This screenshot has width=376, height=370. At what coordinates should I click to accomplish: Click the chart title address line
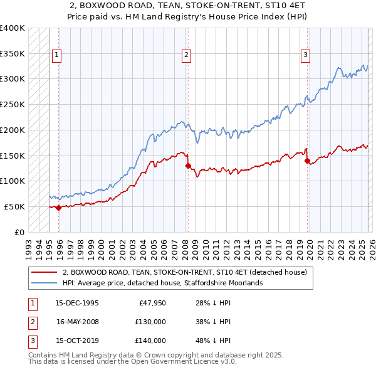(188, 7)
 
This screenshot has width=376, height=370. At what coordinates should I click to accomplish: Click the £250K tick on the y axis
(13, 104)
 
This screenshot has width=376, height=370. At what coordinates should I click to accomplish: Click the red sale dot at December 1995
(58, 208)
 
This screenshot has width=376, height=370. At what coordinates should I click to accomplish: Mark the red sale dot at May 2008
(188, 166)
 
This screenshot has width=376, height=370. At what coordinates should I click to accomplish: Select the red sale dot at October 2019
(307, 161)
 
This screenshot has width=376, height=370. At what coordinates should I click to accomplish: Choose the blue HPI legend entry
(163, 283)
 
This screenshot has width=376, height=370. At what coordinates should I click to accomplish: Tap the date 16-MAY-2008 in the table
(77, 322)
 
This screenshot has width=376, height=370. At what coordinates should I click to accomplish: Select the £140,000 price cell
(150, 341)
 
